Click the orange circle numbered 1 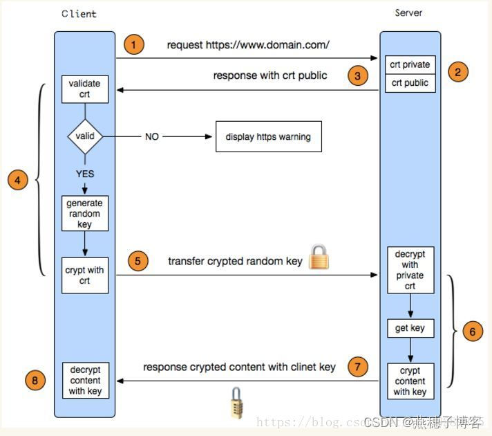coord(134,45)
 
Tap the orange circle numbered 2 coord(457,71)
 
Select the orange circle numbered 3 coord(357,75)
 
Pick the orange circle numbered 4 coord(18,181)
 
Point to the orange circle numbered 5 coord(138,262)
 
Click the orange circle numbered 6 coord(472,331)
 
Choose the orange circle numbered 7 coord(357,367)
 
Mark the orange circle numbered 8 coord(36,380)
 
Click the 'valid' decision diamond coord(85,136)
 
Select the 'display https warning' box coord(268,137)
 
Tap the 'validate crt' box coord(85,89)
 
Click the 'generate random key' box coord(85,214)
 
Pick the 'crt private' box coord(410,65)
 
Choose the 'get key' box coord(410,328)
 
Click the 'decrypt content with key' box coord(85,381)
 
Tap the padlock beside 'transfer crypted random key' coord(319,257)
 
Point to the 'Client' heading coord(78,14)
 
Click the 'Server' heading coord(408,12)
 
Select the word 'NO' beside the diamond coord(152,137)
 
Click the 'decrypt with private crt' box coord(410,270)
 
